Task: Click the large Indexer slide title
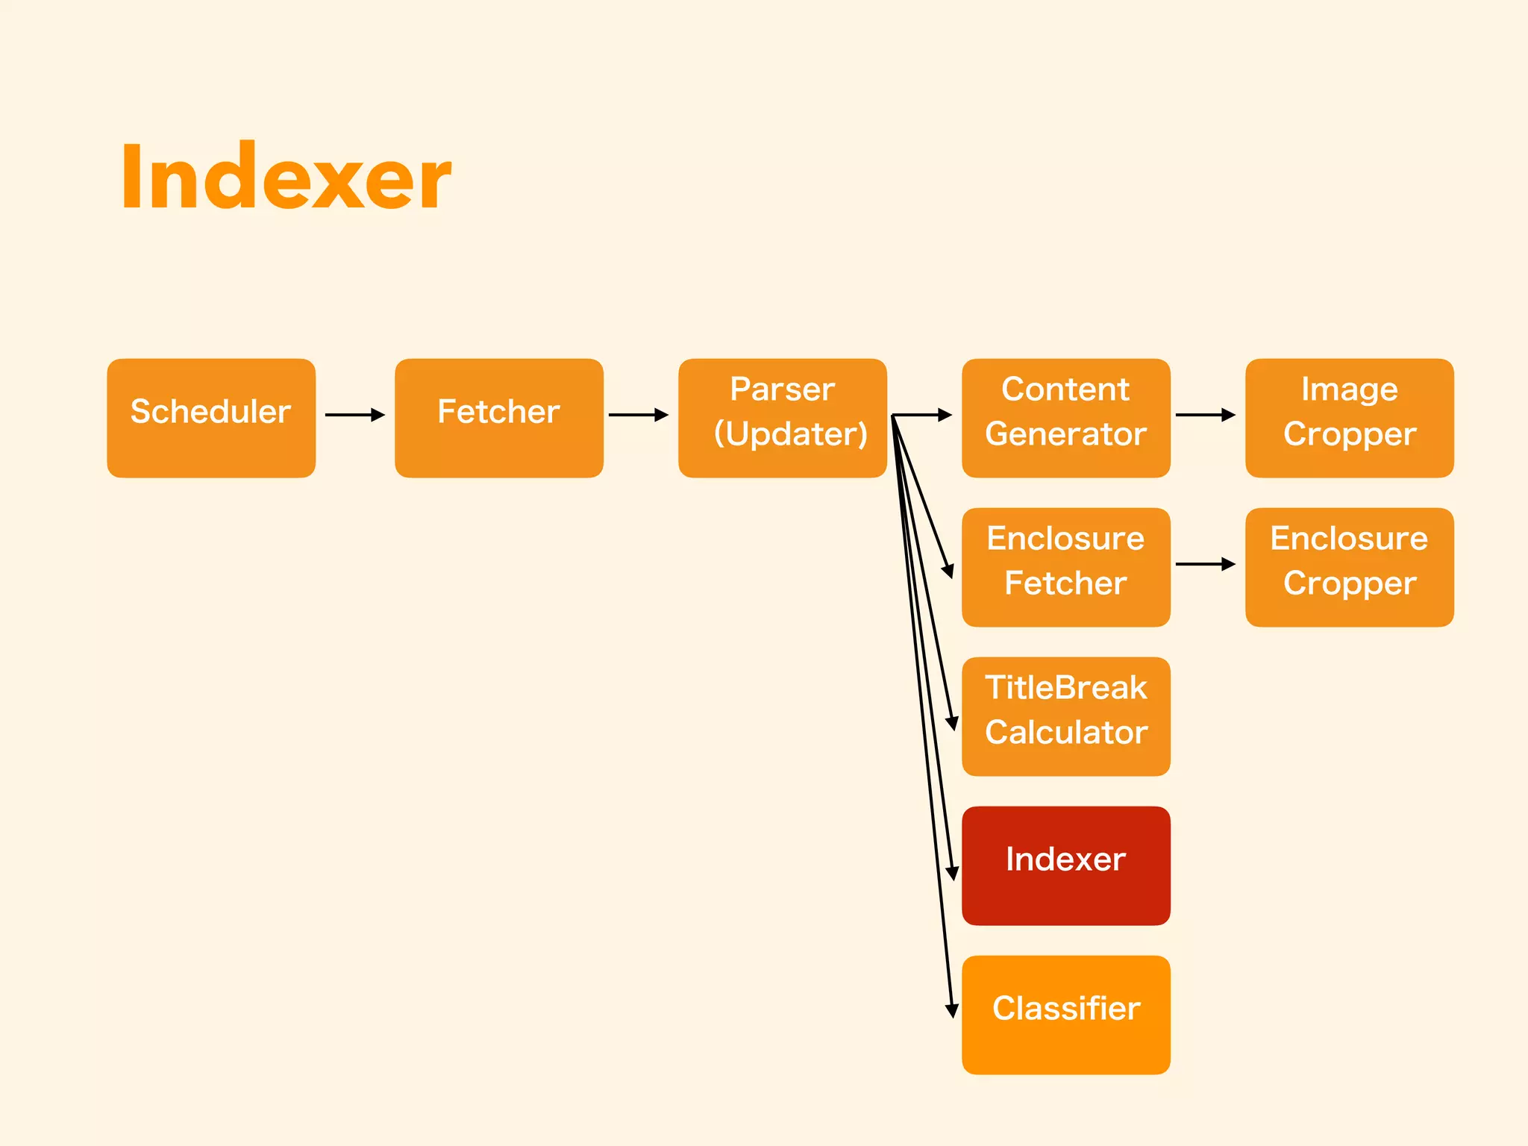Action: click(286, 178)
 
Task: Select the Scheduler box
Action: click(211, 418)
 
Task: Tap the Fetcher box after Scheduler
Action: click(498, 418)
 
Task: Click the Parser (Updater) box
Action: click(782, 418)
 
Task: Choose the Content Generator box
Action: click(1065, 418)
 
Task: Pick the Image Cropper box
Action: click(1349, 418)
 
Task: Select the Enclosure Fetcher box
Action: click(1065, 567)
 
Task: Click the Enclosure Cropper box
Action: click(1349, 567)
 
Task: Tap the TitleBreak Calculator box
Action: click(1065, 716)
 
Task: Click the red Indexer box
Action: click(1065, 865)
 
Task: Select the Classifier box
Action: click(1065, 1015)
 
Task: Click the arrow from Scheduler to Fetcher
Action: click(355, 415)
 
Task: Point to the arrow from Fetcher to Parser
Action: click(639, 415)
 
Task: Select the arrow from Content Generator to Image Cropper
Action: click(1205, 415)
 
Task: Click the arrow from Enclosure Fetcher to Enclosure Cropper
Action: click(1205, 564)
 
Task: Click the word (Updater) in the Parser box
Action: click(791, 434)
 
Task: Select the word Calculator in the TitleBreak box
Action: click(1065, 733)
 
